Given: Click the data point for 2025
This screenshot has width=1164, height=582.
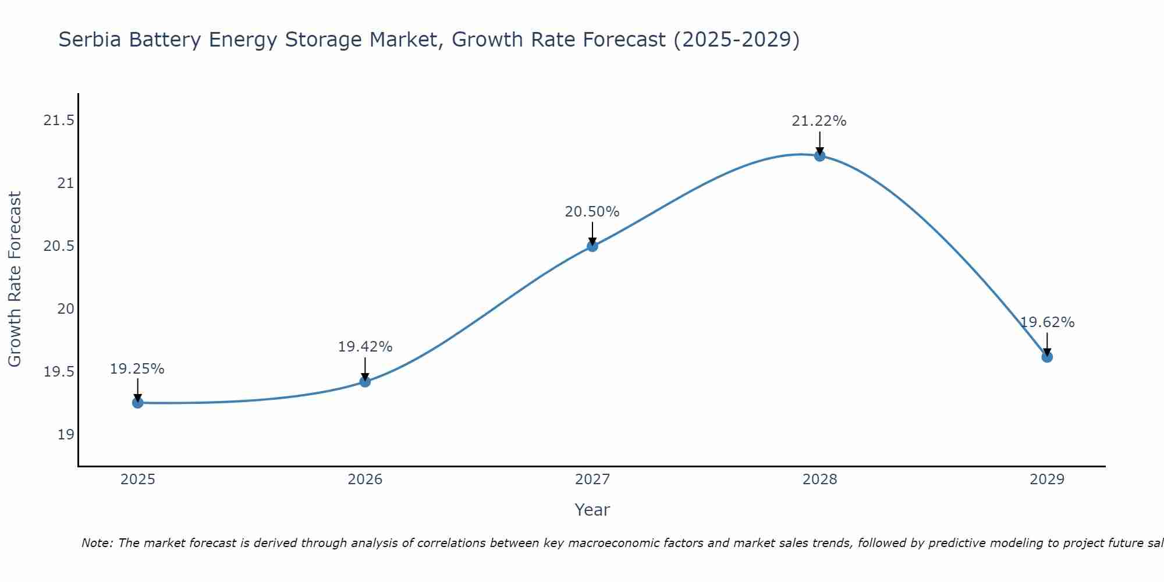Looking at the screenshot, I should click(138, 403).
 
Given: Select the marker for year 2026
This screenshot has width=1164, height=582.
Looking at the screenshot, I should click(365, 382).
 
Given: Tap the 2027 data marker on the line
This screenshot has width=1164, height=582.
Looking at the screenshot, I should click(592, 246).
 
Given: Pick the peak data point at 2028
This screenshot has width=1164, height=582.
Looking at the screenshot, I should click(819, 155).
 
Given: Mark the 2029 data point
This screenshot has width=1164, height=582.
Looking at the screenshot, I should click(1047, 357).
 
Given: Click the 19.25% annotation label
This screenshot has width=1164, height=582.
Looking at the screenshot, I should click(137, 369).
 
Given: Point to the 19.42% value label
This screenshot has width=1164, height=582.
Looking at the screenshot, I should click(365, 347).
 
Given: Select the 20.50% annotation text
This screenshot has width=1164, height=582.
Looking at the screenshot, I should click(592, 212).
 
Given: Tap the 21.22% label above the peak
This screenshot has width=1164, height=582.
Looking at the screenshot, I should click(819, 121).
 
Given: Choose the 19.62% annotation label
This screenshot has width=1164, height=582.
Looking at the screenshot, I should click(1047, 322).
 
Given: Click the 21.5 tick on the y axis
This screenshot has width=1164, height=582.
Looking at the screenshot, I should click(59, 121).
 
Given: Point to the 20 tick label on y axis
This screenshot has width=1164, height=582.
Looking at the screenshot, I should click(66, 309).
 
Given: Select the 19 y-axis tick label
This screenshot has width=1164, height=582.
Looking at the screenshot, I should click(66, 435).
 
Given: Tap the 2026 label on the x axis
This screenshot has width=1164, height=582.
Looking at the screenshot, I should click(365, 480).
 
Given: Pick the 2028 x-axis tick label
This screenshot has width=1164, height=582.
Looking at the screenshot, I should click(819, 480).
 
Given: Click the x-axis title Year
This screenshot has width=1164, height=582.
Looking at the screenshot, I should click(592, 510).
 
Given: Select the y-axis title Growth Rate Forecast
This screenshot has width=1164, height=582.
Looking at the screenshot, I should click(15, 279).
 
